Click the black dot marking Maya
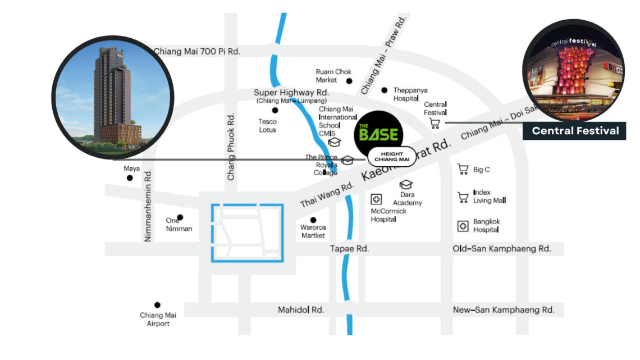130,178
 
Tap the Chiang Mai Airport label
158,319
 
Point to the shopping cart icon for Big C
463,169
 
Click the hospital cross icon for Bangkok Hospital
463,226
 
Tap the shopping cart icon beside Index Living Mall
463,197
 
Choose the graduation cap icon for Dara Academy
406,184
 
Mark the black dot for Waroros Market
313,220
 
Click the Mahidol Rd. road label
301,309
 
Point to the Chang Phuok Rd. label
231,148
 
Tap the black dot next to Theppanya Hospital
385,90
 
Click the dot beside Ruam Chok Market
349,81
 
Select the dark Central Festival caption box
574,131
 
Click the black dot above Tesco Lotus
275,110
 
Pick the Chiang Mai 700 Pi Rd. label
196,52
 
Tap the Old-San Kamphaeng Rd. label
501,248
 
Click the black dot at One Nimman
180,217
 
